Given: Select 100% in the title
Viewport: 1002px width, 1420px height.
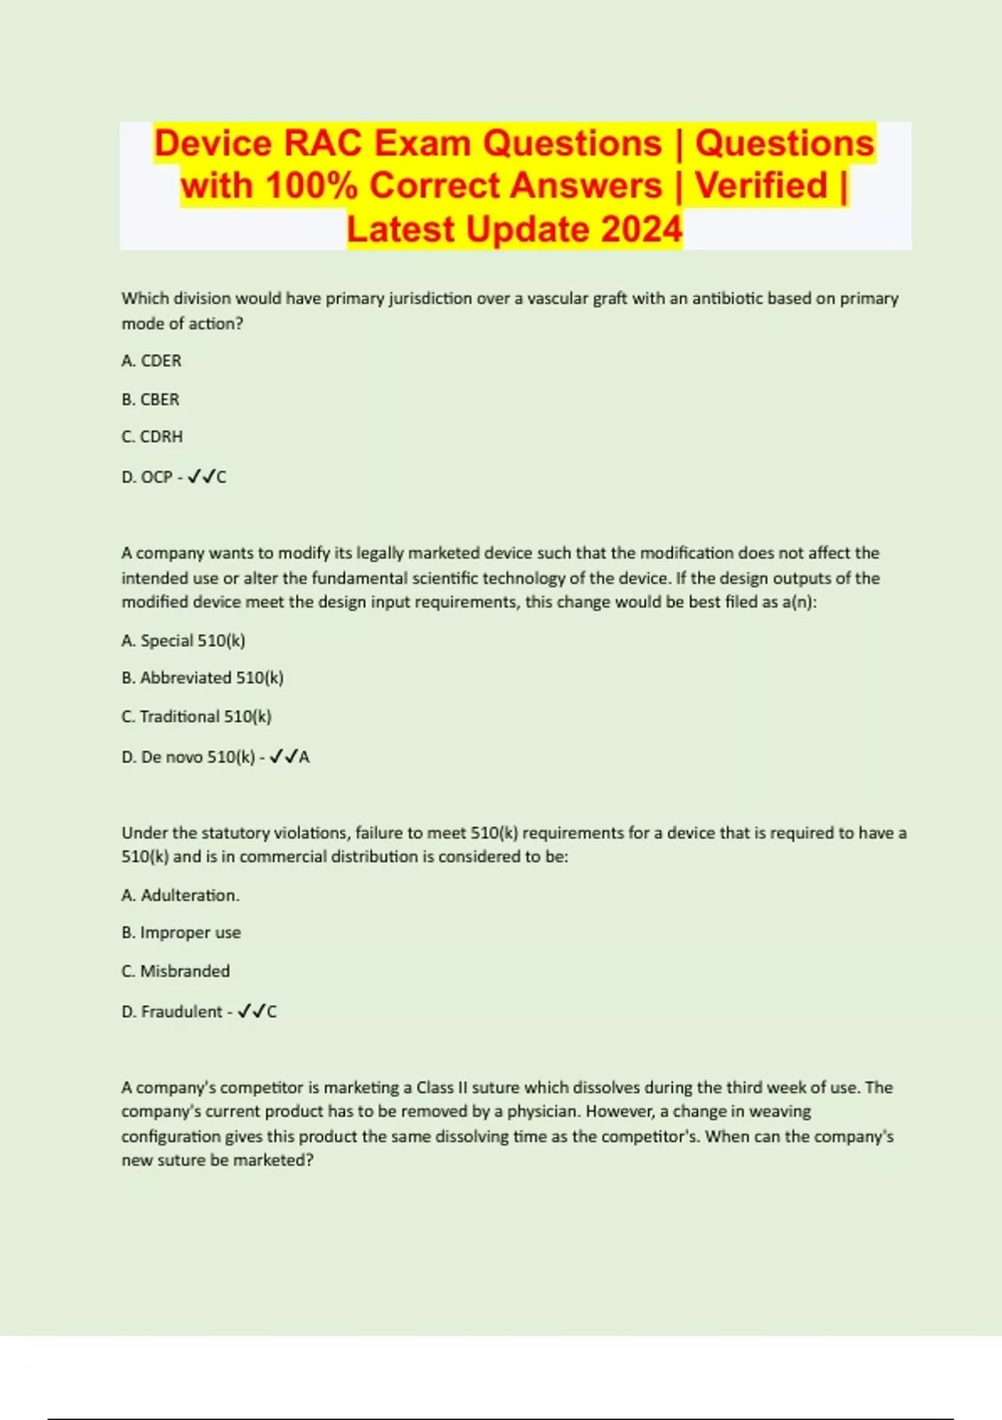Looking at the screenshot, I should [311, 185].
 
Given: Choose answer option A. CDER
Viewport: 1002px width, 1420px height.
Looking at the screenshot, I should [151, 361].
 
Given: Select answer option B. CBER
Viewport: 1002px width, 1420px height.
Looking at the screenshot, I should [150, 399].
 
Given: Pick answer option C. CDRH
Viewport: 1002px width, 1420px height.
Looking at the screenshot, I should [152, 437].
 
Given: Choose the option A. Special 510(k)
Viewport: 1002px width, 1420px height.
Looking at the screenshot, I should [183, 641].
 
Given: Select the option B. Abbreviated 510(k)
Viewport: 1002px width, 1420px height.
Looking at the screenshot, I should [202, 678].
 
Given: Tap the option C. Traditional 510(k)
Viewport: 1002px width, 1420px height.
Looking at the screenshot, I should [196, 717].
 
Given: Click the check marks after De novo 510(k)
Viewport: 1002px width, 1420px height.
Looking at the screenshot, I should [284, 758].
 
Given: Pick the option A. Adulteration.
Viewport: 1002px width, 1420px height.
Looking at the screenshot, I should [180, 895].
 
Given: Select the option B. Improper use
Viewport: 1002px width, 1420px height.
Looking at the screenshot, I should [181, 933].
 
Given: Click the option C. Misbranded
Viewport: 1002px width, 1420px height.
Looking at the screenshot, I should [175, 971].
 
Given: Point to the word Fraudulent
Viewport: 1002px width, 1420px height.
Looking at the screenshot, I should [181, 1012].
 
